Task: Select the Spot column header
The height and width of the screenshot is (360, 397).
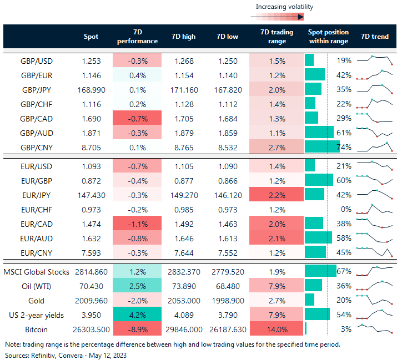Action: [91, 37]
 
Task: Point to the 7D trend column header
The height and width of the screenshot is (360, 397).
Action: [375, 37]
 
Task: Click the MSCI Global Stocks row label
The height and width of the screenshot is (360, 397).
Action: [36, 271]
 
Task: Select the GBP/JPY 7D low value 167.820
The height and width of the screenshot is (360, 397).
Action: [225, 89]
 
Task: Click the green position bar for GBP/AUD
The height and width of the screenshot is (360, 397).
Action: [319, 132]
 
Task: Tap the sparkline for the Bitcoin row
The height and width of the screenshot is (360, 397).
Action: [374, 329]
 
